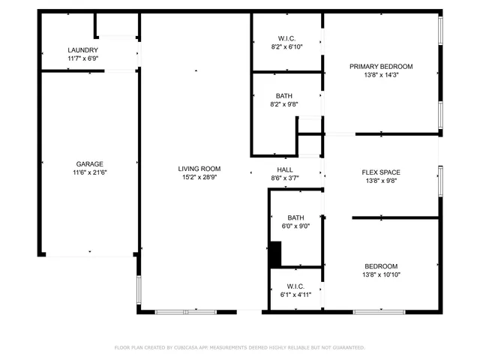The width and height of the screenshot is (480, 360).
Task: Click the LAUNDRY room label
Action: click(82, 50)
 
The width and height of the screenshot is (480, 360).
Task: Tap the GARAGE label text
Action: click(89, 163)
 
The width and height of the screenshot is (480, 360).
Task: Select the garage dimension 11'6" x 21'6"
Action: click(89, 172)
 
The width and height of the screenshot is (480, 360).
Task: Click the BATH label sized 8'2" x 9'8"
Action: click(284, 96)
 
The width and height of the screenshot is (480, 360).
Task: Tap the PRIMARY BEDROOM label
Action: click(381, 66)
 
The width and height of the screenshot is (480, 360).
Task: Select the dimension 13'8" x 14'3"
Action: click(381, 75)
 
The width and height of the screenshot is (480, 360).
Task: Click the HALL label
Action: click(284, 169)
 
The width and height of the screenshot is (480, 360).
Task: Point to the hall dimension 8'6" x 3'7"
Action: click(284, 178)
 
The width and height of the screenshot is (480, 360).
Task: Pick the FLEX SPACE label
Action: click(381, 172)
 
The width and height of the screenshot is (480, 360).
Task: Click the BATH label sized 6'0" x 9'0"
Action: click(295, 217)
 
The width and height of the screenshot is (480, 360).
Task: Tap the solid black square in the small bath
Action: click(275, 253)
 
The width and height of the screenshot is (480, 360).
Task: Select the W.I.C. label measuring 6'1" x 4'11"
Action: click(295, 286)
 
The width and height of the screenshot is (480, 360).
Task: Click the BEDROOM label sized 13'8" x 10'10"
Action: click(381, 266)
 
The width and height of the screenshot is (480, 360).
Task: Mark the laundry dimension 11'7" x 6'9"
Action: click(82, 58)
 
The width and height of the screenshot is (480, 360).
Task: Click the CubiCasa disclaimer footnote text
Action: click(239, 347)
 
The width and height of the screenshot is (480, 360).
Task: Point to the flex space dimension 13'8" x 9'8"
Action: click(381, 181)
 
